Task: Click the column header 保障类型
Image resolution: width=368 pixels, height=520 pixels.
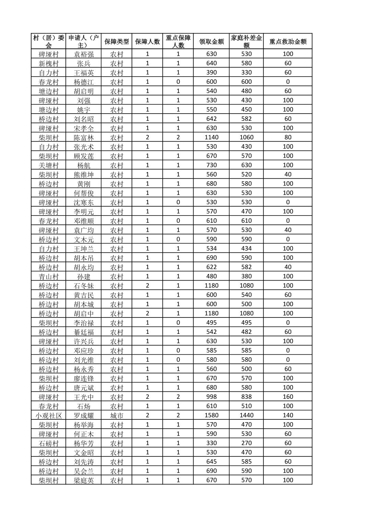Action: [117, 41]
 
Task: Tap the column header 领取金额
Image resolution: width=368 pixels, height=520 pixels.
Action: [211, 41]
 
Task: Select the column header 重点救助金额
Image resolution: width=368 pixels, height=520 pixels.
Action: [288, 41]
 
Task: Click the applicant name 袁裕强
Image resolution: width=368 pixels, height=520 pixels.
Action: [84, 54]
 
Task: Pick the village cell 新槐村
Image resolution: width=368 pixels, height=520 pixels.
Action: [49, 63]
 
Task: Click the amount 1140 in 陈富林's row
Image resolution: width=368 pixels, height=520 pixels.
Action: [211, 137]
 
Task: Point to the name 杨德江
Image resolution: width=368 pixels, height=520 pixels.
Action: [84, 82]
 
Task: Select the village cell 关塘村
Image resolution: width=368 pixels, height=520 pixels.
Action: [49, 165]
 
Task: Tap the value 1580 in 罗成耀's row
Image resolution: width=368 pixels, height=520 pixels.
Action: [211, 415]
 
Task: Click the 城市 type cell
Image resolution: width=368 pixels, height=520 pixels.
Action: [117, 415]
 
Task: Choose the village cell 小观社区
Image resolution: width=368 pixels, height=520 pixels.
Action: [49, 415]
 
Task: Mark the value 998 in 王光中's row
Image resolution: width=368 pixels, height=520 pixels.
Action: [211, 396]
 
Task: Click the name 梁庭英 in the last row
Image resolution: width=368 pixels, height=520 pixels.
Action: [84, 480]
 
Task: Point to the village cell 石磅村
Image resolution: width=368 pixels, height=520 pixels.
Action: [49, 443]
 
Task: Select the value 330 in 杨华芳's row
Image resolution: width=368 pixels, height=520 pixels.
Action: [211, 443]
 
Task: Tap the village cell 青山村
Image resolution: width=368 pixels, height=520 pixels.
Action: [49, 276]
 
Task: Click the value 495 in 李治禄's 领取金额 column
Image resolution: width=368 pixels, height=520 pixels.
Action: [211, 322]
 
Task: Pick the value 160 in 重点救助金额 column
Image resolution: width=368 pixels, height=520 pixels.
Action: [288, 396]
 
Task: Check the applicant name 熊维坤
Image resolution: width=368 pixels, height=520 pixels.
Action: [84, 174]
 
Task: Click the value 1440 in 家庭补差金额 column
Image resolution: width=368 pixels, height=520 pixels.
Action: [246, 415]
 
